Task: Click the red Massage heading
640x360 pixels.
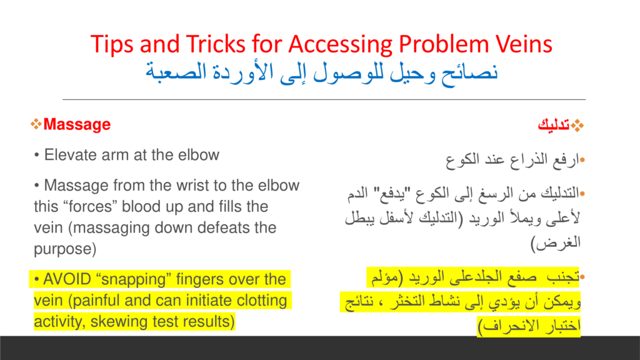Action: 77,124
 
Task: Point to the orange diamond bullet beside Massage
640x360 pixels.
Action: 36,124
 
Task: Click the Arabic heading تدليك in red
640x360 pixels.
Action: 554,124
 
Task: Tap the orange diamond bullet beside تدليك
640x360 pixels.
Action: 577,125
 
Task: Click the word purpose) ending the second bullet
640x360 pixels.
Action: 65,249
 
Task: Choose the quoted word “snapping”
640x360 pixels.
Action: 134,280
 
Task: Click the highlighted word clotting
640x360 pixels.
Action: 262,301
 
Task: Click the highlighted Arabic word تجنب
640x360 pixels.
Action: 563,277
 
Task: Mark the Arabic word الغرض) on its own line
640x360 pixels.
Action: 556,243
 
